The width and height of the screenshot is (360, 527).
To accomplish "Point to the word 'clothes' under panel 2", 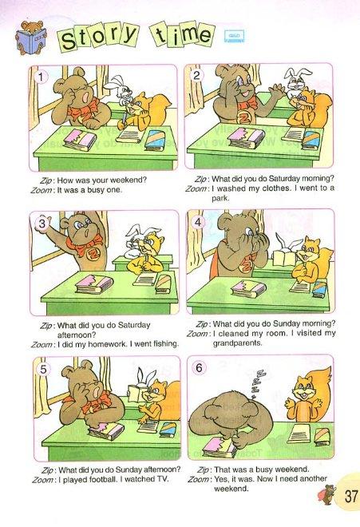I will point(275,188).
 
